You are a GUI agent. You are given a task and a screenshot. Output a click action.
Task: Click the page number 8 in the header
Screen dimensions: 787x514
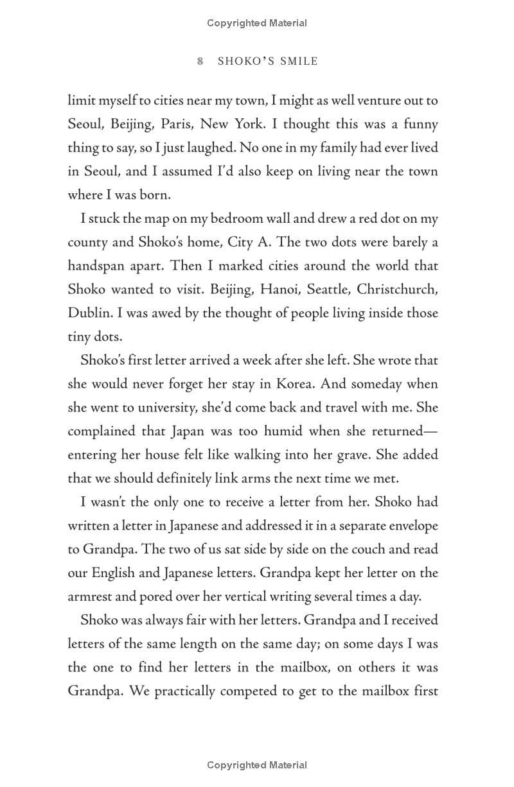point(200,62)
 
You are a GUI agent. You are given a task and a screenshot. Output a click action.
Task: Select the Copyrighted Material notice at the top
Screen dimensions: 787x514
point(257,23)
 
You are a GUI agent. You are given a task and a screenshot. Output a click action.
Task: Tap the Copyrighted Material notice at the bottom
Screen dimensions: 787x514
point(257,765)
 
